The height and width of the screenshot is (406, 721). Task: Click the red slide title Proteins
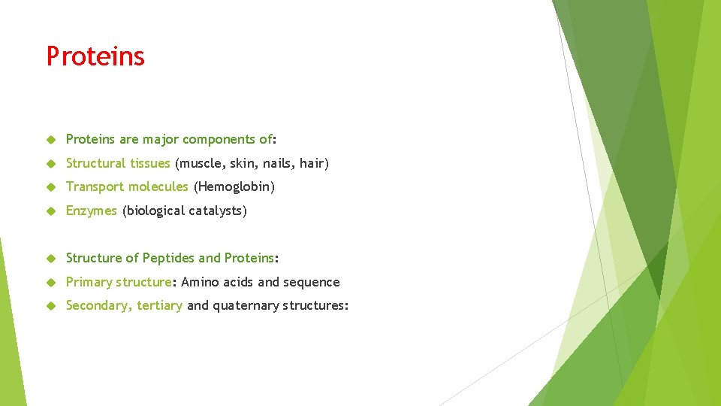pos(95,56)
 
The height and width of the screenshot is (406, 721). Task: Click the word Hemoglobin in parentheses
pos(234,186)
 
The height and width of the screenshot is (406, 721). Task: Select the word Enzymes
pos(91,211)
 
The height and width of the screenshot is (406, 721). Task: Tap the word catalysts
pos(217,211)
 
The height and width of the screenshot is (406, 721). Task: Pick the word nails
pos(277,163)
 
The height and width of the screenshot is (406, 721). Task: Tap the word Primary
pos(89,282)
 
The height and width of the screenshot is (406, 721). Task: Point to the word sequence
pos(311,282)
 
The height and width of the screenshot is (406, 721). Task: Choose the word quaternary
pos(246,306)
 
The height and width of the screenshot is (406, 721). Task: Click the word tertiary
pos(159,306)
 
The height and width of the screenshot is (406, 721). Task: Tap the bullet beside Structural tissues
pos(51,163)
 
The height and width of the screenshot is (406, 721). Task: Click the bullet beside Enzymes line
pos(51,211)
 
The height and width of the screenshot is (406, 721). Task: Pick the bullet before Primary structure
pos(51,282)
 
